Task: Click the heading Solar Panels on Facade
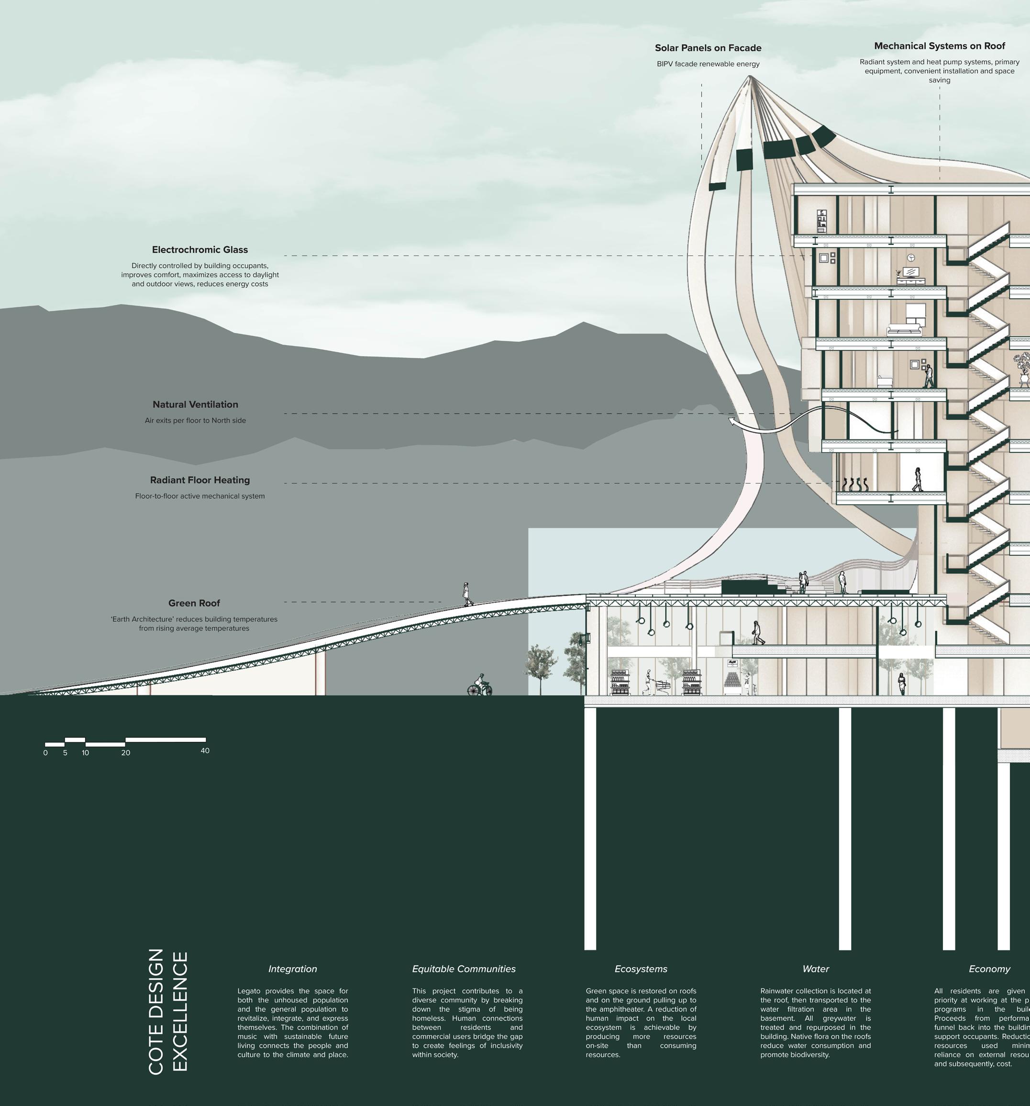click(x=708, y=48)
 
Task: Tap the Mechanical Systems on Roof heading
click(x=940, y=46)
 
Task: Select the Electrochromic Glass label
click(x=199, y=250)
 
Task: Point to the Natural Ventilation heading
click(x=195, y=405)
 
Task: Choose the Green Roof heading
click(x=194, y=603)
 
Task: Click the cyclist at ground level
click(x=479, y=685)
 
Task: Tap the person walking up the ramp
click(x=467, y=594)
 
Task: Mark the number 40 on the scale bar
click(x=205, y=751)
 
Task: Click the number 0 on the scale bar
click(x=45, y=753)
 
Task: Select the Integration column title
click(x=292, y=969)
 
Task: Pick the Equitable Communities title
click(x=464, y=969)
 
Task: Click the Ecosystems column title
click(x=641, y=969)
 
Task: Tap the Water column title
click(x=815, y=969)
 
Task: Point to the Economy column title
click(x=989, y=969)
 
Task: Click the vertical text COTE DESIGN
click(x=156, y=1011)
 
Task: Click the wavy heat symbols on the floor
click(x=853, y=484)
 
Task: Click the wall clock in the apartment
click(x=911, y=257)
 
